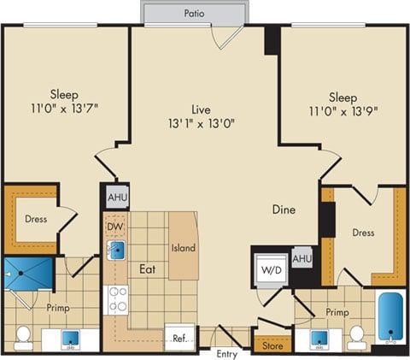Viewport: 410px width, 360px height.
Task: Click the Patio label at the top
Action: [193, 14]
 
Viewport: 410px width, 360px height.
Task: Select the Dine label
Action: [284, 209]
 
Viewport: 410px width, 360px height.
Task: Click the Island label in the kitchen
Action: [183, 248]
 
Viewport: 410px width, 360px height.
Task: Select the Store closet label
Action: [272, 346]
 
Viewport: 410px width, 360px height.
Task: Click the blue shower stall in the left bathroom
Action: [20, 275]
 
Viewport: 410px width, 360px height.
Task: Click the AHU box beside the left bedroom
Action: [116, 198]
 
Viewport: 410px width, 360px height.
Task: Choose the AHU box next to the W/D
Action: [302, 258]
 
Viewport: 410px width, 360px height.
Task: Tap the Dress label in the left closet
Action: [35, 219]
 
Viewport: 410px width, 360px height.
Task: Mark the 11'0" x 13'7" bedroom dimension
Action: [63, 109]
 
